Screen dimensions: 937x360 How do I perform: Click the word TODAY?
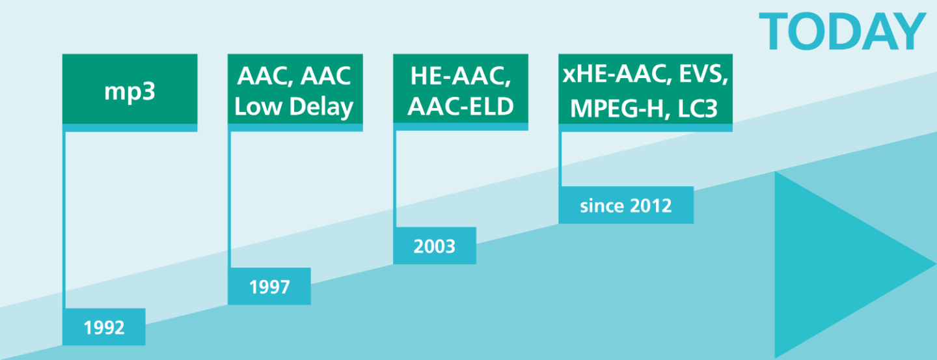(841, 31)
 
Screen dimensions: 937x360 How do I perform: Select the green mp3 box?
(129, 89)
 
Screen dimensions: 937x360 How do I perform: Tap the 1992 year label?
(103, 327)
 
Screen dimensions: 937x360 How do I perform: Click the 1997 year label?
(269, 286)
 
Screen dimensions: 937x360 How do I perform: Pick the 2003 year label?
(434, 245)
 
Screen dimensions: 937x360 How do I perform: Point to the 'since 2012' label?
(626, 205)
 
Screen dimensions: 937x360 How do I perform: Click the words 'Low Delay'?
(293, 107)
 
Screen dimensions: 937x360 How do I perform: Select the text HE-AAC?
(461, 76)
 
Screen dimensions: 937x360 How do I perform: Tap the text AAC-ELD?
(461, 106)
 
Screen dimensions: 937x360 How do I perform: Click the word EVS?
(701, 74)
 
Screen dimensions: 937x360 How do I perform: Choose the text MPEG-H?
(617, 109)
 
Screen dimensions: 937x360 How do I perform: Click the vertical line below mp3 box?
(64, 220)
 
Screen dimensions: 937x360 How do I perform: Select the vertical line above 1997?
(229, 200)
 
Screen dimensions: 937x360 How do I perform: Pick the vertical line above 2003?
(395, 179)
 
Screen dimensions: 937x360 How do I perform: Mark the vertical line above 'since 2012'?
(560, 159)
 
